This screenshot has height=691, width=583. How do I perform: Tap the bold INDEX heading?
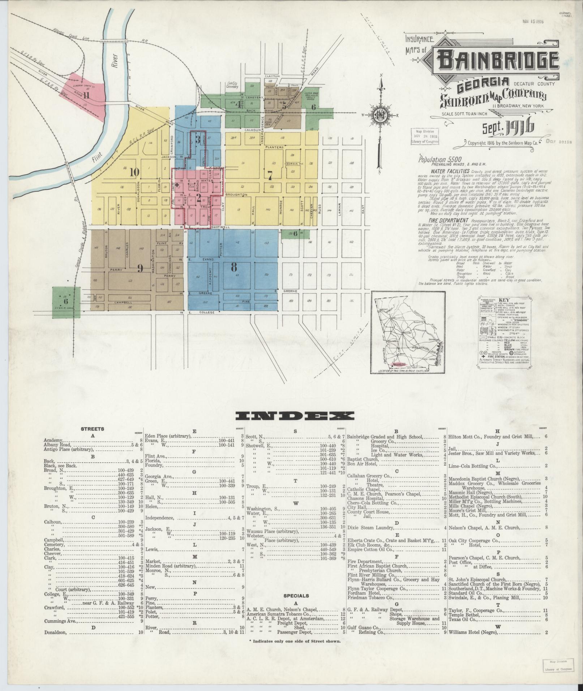295,416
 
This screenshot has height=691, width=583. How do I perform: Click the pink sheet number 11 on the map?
86,96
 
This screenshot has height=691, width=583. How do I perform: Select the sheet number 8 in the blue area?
234,267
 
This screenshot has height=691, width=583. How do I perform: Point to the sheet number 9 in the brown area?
140,268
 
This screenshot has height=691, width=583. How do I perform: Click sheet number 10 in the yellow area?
134,172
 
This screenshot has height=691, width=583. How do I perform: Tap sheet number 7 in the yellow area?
270,174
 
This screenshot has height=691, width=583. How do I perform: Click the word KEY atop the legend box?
504,301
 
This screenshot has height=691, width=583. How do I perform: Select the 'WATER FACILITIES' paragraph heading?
450,171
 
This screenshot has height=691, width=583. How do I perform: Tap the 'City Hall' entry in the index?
357,507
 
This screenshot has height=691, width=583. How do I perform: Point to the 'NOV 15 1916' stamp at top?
533,21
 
